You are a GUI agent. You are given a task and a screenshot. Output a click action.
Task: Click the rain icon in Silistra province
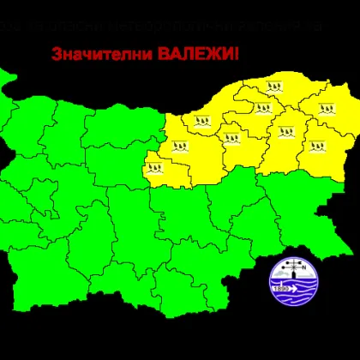pyautogui.click(x=274, y=86)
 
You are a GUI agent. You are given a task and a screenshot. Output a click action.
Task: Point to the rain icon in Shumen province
pyautogui.click(x=283, y=132)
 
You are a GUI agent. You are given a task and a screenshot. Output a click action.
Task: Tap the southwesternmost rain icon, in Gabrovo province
pyautogui.click(x=155, y=166)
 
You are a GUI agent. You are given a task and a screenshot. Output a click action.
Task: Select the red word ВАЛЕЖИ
pyautogui.click(x=195, y=54)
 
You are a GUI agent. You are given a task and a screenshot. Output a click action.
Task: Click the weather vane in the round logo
pyautogui.click(x=289, y=265)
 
